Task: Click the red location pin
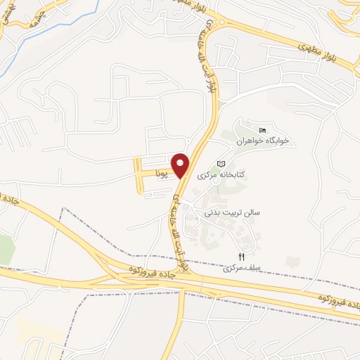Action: click(181, 165)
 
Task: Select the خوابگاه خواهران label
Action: click(263, 141)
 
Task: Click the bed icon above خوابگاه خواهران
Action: click(263, 130)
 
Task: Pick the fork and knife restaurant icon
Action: click(242, 257)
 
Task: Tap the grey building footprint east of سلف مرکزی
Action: click(293, 262)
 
